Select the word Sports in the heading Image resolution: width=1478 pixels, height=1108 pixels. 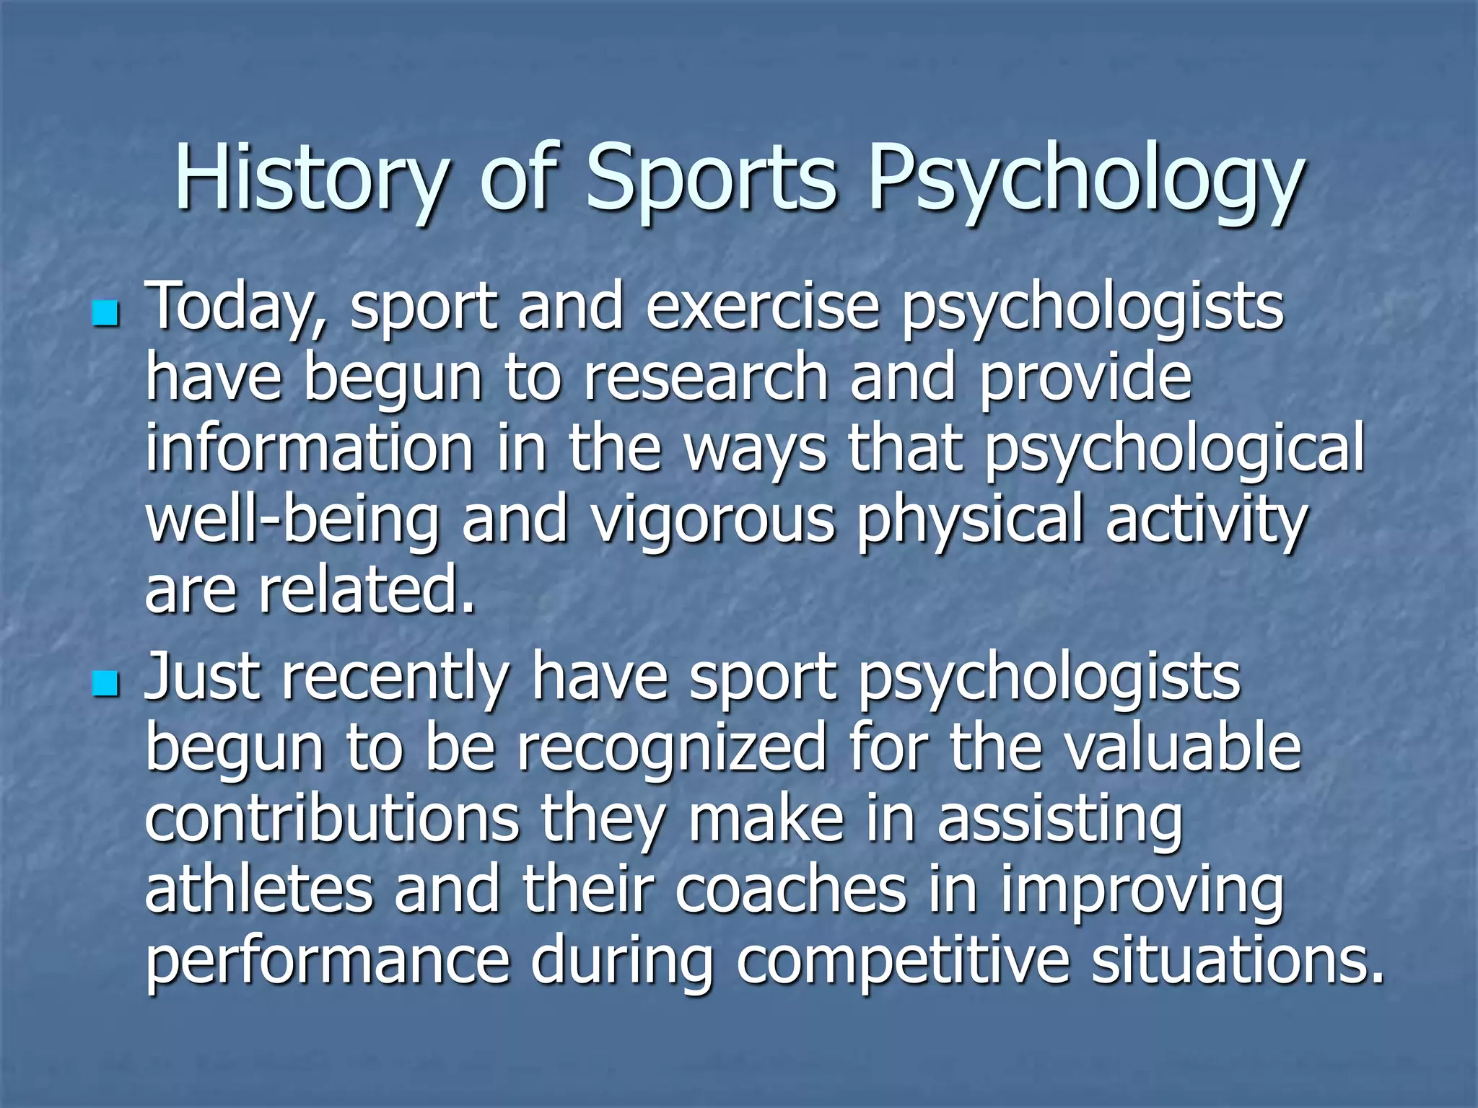(710, 180)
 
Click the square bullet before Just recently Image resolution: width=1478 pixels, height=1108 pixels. (105, 684)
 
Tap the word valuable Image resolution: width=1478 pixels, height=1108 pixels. (1183, 747)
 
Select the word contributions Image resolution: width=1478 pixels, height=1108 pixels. (332, 818)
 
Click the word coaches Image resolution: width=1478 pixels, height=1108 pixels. (790, 889)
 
